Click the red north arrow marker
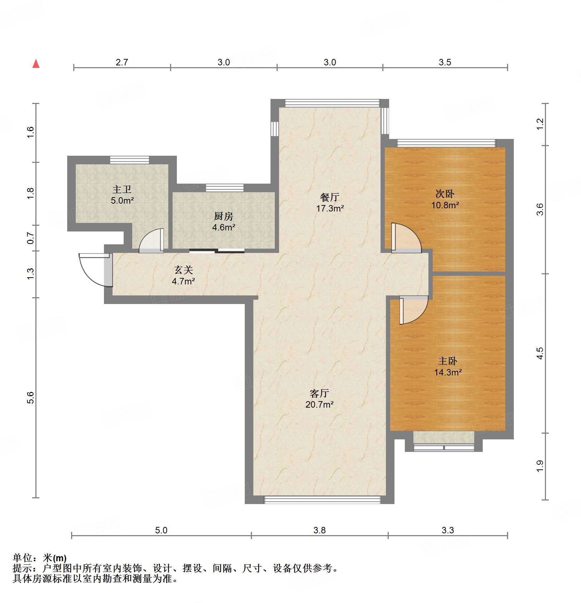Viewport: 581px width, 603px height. tap(36, 64)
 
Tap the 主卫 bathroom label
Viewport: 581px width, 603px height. tap(122, 189)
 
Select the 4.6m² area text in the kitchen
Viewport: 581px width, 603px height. tap(224, 228)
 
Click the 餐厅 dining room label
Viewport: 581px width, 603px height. tap(329, 197)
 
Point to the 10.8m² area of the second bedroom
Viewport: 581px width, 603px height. tap(445, 205)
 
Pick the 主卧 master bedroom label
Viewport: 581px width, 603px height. tap(447, 361)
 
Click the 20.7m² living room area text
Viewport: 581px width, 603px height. tap(319, 405)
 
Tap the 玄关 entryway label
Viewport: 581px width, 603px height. tap(183, 270)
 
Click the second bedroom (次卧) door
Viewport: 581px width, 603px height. tap(406, 238)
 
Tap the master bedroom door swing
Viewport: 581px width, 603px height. tap(413, 310)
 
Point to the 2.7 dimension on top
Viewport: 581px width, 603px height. tap(121, 63)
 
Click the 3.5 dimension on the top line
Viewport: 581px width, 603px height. tap(445, 63)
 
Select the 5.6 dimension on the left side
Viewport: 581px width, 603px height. tap(31, 397)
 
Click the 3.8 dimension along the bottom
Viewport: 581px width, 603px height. tap(319, 530)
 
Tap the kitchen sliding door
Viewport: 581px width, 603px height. tap(217, 251)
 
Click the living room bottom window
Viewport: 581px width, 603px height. tap(322, 499)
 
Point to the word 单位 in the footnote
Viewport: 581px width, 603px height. tap(22, 558)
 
